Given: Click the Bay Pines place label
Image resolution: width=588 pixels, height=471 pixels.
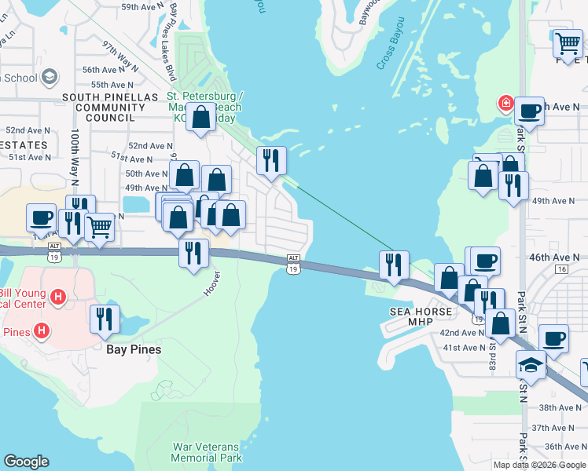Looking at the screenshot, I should [x=134, y=349].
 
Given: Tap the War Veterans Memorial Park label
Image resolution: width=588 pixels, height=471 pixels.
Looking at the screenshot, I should [x=208, y=452].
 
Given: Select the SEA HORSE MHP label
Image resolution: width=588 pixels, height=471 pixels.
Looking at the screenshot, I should [x=421, y=317].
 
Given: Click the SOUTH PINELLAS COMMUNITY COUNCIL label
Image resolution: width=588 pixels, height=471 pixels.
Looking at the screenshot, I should [x=110, y=108].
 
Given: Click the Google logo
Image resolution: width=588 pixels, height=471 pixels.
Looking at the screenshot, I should [x=26, y=462].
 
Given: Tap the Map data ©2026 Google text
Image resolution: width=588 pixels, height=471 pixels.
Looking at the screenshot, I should [x=539, y=465].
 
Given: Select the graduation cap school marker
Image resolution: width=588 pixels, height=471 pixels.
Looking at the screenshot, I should [x=531, y=364].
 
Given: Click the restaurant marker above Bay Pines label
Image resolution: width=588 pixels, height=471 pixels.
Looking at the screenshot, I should [x=101, y=318].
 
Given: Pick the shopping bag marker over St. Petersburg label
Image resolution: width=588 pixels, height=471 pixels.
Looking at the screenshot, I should [x=202, y=117].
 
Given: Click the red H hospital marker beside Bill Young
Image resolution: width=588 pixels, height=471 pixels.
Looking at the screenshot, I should [x=57, y=296].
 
